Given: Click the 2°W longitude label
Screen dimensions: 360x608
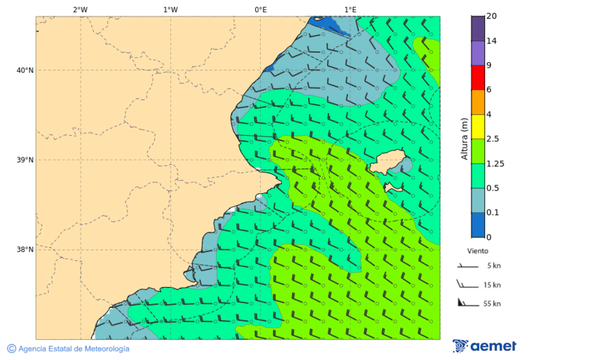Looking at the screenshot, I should [80, 9].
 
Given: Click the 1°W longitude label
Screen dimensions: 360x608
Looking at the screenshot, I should [170, 9].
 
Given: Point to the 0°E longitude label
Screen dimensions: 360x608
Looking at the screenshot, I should [260, 9].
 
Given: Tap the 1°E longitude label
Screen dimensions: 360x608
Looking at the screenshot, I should [350, 9].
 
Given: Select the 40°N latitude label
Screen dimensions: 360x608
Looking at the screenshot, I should [25, 70].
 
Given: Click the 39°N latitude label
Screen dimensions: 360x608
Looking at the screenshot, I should [25, 160].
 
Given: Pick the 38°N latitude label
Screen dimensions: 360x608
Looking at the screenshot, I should [25, 249].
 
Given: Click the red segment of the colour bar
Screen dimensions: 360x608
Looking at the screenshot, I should [478, 78].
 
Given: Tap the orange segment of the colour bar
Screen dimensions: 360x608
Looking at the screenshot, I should [478, 102].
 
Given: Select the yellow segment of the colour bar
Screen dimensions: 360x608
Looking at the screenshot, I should [478, 126].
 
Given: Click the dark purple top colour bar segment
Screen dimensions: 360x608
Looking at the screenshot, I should [478, 28].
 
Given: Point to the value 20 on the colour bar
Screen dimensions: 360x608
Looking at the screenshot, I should [491, 16].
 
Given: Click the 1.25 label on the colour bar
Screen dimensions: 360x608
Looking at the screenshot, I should [495, 163].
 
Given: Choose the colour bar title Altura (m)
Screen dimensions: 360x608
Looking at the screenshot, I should [464, 138].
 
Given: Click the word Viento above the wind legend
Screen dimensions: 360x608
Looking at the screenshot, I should [478, 251].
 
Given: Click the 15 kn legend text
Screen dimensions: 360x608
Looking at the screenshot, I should [492, 285].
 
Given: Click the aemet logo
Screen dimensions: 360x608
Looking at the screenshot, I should [484, 346].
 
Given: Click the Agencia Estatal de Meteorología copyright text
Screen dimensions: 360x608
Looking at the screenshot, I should [68, 349].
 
